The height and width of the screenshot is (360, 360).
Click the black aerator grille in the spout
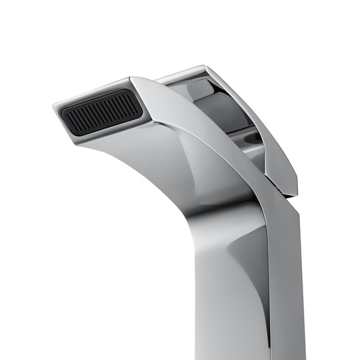tap(101, 114)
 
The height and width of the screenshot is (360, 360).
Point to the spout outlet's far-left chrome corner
tap(54, 107)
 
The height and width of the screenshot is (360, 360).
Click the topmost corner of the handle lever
tap(203, 65)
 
